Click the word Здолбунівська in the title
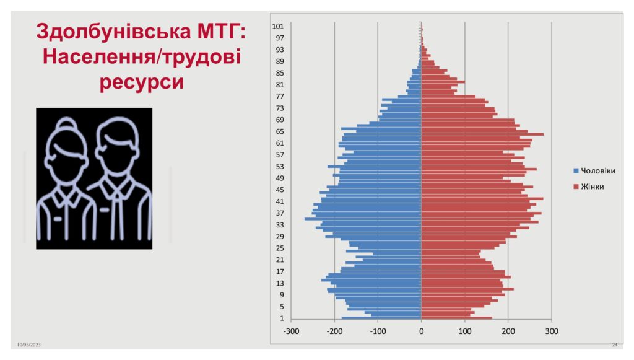114,32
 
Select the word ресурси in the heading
142,82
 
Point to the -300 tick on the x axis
291,331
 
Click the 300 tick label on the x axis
552,331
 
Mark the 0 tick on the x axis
421,331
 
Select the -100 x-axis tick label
378,331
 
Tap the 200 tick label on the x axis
508,331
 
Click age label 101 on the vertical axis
278,26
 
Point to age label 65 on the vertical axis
280,131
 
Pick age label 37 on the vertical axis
280,213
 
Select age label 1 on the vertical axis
282,318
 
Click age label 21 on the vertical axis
280,260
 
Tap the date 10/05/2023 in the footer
28,345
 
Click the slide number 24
614,345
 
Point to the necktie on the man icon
117,210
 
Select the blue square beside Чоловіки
576,171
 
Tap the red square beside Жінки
576,187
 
